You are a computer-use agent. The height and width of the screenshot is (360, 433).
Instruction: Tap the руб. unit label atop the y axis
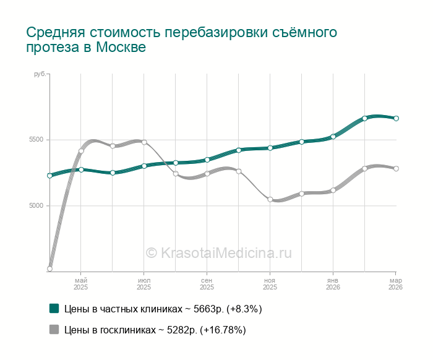click(40, 74)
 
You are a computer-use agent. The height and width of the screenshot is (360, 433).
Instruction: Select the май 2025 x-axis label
click(81, 283)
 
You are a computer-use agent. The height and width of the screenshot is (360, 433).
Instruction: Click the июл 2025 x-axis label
click(144, 283)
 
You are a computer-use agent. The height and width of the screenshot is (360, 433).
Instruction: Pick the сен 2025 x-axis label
click(207, 283)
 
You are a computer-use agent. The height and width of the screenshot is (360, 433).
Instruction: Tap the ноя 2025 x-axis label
click(270, 283)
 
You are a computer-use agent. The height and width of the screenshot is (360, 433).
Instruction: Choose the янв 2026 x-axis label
click(333, 283)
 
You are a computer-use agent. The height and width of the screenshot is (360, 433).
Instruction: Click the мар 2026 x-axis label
click(395, 283)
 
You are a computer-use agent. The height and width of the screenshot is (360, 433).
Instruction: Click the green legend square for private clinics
click(54, 308)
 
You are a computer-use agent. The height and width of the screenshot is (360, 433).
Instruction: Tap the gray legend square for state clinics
click(54, 330)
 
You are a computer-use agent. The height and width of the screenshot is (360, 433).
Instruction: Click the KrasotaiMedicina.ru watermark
click(218, 252)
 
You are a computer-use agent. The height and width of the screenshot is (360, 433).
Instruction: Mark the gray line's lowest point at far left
click(49, 268)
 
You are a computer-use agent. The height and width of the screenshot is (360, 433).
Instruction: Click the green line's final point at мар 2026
click(396, 118)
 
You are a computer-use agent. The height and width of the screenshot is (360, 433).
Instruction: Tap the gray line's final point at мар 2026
click(396, 168)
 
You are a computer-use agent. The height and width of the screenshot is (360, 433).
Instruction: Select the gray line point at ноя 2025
click(270, 199)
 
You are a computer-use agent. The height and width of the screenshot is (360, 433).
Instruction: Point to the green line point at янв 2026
click(333, 136)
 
